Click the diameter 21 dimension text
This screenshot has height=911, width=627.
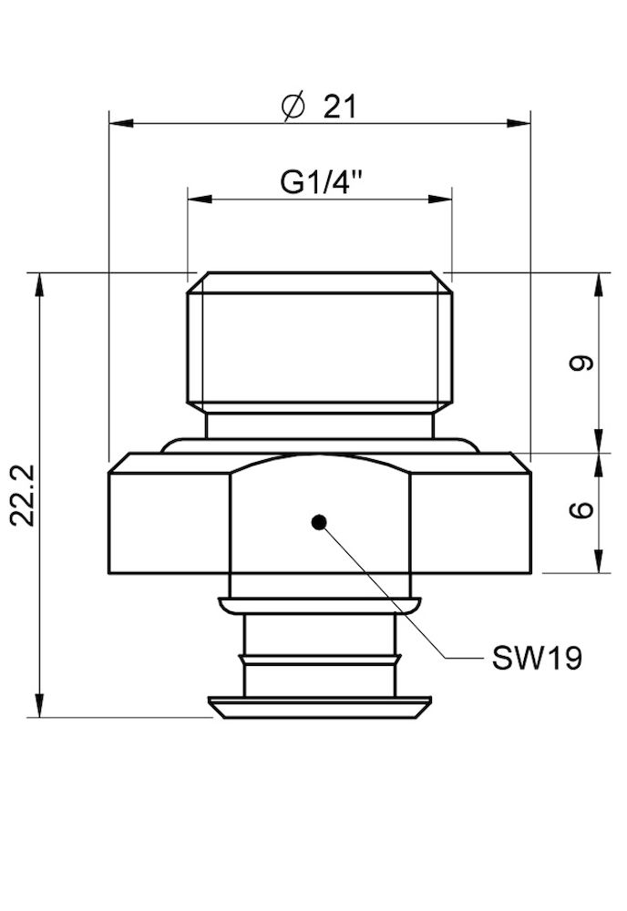point(321,107)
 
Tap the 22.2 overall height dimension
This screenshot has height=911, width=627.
point(25,495)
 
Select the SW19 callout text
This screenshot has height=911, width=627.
point(537,659)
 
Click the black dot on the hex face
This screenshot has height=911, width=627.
point(318,522)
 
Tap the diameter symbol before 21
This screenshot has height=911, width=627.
point(293,107)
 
